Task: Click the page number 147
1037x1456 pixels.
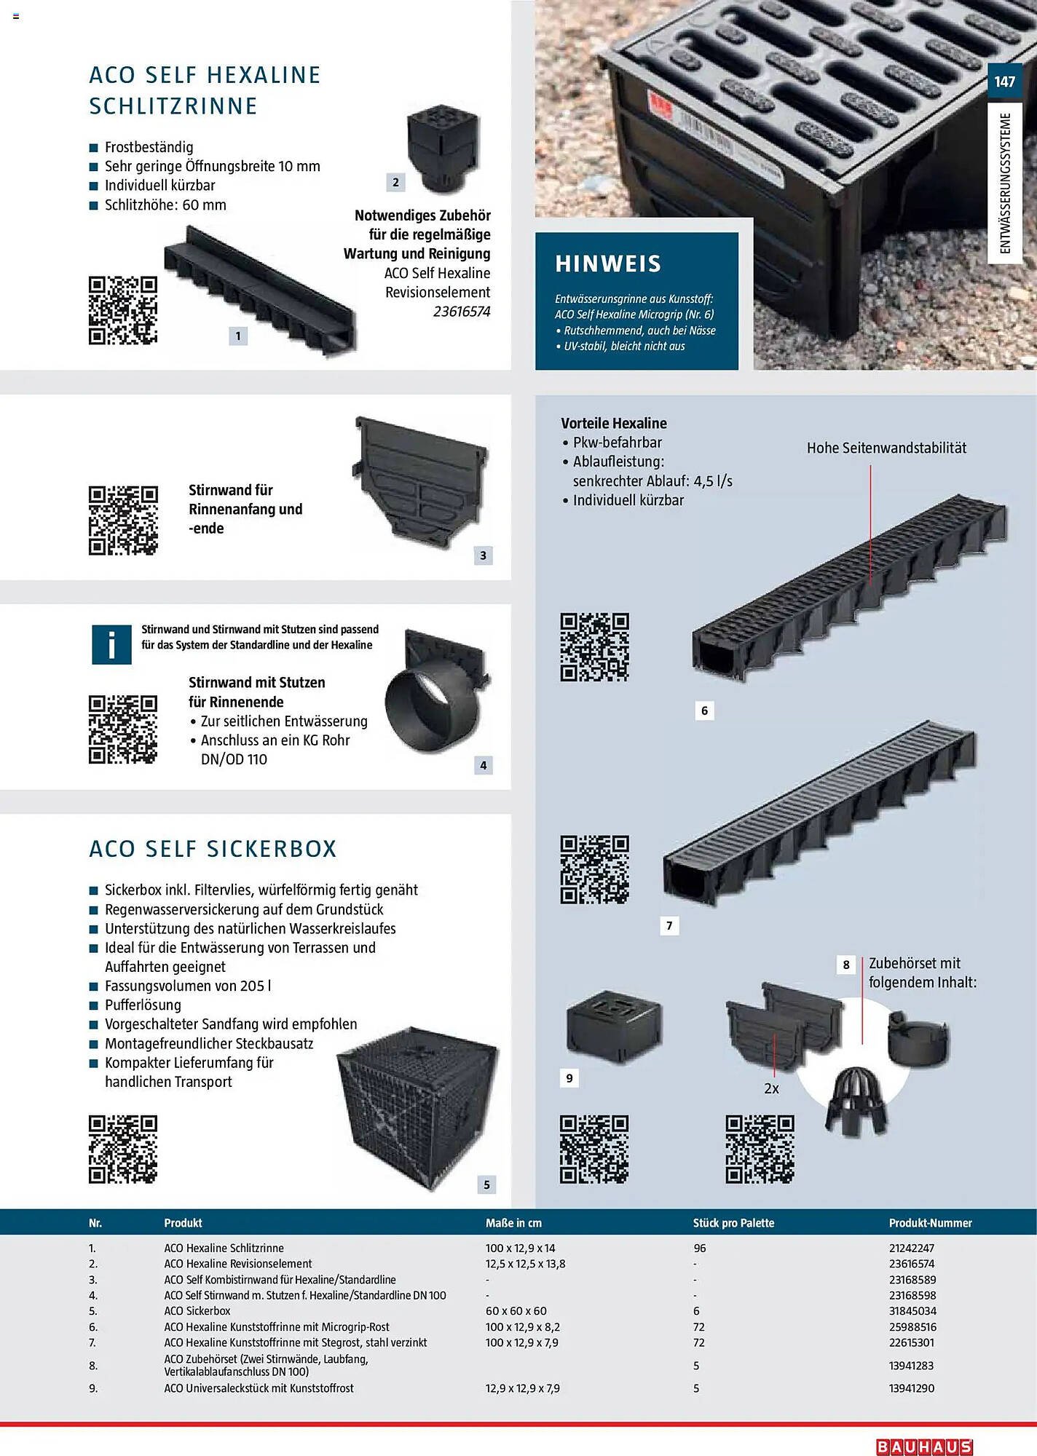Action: click(1004, 82)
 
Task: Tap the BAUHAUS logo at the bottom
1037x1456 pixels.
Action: click(924, 1447)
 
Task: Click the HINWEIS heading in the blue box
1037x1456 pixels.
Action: click(608, 264)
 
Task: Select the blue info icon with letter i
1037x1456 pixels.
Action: click(111, 644)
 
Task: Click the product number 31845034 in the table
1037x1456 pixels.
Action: click(912, 1311)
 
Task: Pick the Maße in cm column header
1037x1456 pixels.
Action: click(513, 1223)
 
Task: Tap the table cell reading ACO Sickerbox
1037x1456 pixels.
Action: click(197, 1311)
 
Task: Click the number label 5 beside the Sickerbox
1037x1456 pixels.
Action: click(487, 1184)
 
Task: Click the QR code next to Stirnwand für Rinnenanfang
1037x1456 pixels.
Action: click(123, 520)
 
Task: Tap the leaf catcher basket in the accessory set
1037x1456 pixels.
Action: click(857, 1101)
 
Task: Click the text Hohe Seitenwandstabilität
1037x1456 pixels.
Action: click(886, 448)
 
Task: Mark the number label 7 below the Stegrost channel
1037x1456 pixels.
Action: click(669, 925)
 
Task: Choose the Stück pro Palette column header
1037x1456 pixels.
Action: click(733, 1223)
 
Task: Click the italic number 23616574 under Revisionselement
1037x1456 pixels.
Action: click(462, 312)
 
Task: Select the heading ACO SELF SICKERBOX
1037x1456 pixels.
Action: click(213, 849)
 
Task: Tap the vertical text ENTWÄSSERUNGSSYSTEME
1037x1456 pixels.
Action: click(1006, 183)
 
